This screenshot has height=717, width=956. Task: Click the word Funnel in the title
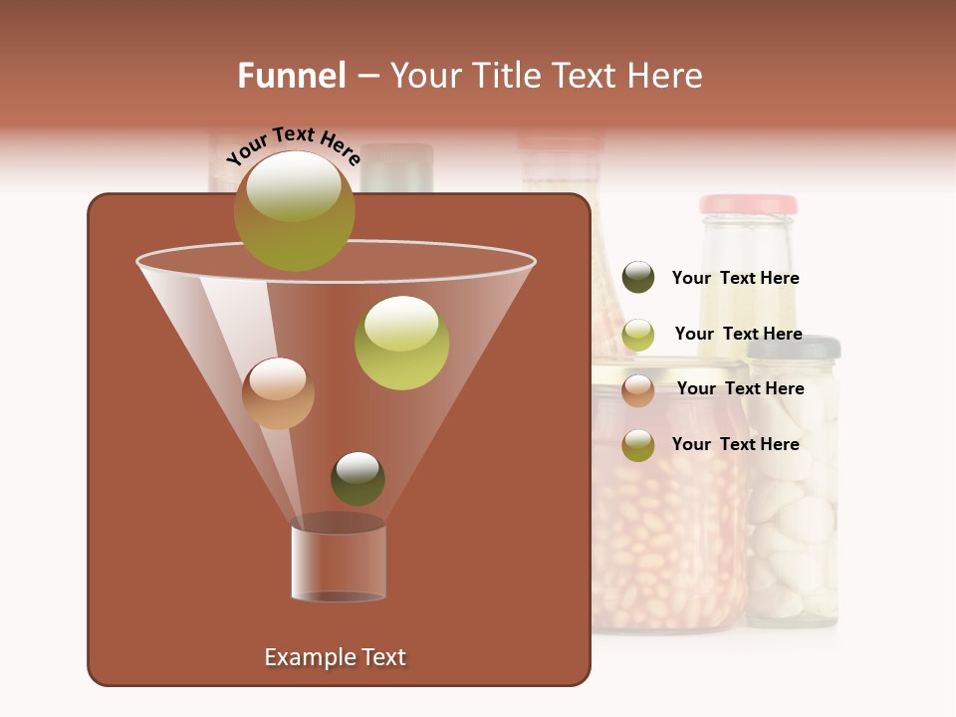(291, 75)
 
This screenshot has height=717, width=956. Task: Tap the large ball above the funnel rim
(294, 210)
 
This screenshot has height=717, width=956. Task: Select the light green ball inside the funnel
(401, 343)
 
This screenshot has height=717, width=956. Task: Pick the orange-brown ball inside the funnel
(278, 393)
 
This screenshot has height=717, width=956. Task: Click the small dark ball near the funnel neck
(358, 478)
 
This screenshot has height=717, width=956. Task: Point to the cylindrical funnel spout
(339, 562)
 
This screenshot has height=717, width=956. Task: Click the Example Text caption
(335, 657)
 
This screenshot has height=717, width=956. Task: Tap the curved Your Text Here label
(293, 145)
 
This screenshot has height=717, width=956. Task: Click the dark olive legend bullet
(638, 277)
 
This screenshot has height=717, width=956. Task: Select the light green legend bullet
(638, 335)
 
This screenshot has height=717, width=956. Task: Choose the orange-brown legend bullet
(638, 389)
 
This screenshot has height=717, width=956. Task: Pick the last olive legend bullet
(638, 445)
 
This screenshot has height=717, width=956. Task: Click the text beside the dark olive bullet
(735, 278)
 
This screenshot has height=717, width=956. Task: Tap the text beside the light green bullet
(738, 334)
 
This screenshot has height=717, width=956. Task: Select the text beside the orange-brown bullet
(740, 388)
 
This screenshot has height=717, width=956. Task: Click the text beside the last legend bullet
(735, 444)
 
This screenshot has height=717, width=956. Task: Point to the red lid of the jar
(748, 204)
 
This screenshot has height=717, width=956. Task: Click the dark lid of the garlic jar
(794, 348)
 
